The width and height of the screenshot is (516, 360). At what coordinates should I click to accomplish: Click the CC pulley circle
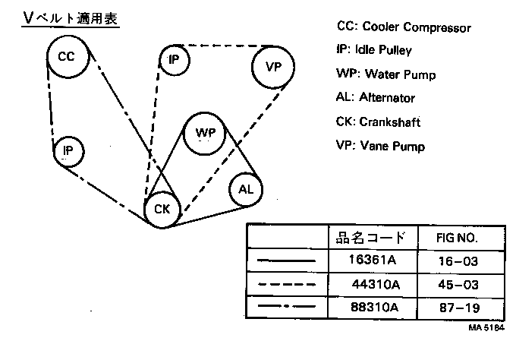tap(67, 57)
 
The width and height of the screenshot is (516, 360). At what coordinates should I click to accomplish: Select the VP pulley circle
tap(273, 67)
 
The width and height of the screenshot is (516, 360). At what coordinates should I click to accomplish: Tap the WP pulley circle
tap(206, 134)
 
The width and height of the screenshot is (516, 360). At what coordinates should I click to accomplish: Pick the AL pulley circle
tap(246, 188)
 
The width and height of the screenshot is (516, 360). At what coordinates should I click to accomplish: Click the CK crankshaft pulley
tap(162, 209)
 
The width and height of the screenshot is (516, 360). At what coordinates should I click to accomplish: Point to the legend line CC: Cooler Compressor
tap(404, 27)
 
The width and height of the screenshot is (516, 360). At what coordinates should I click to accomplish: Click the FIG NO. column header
tap(458, 238)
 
